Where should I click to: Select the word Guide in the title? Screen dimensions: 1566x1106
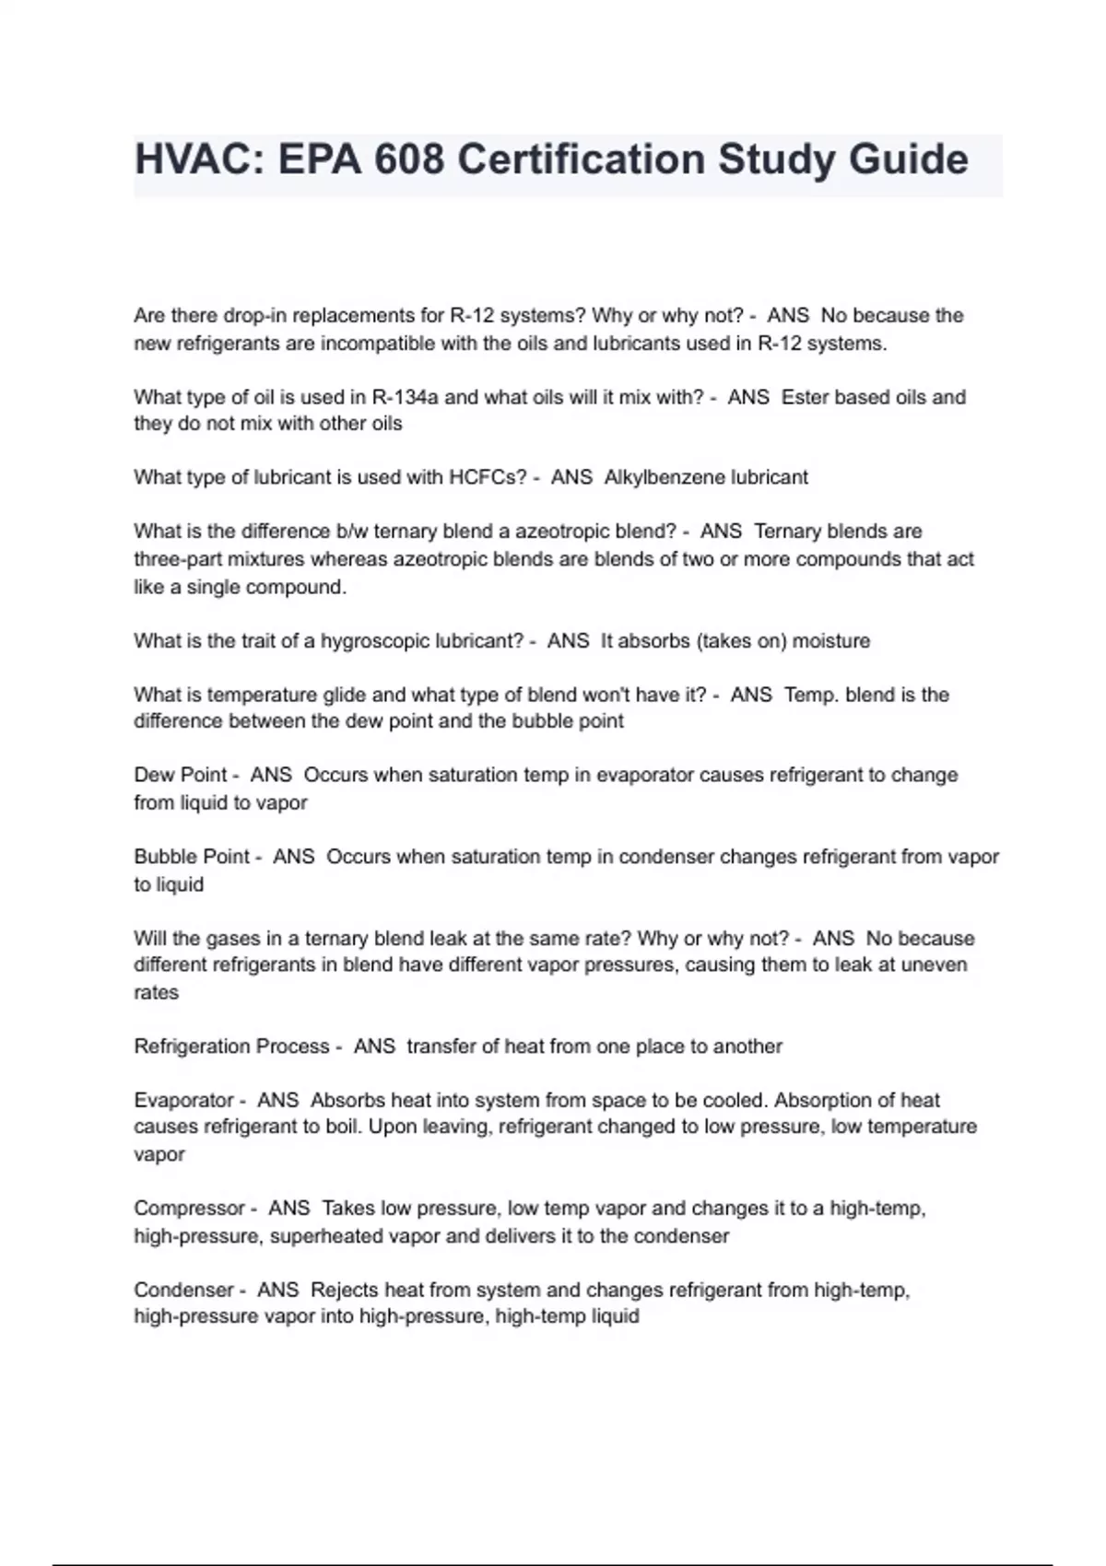(908, 159)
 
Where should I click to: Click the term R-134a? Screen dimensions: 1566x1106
(406, 397)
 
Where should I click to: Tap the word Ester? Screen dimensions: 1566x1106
(805, 397)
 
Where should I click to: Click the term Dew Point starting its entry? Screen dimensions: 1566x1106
(181, 775)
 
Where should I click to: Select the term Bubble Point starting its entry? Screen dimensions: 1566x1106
(192, 857)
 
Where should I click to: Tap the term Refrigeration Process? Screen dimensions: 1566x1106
(231, 1046)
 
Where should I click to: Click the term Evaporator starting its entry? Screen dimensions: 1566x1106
(184, 1100)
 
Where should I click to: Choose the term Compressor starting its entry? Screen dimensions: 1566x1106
(189, 1208)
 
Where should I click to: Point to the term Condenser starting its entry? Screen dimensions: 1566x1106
(183, 1290)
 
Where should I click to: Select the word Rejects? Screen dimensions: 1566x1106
(345, 1290)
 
